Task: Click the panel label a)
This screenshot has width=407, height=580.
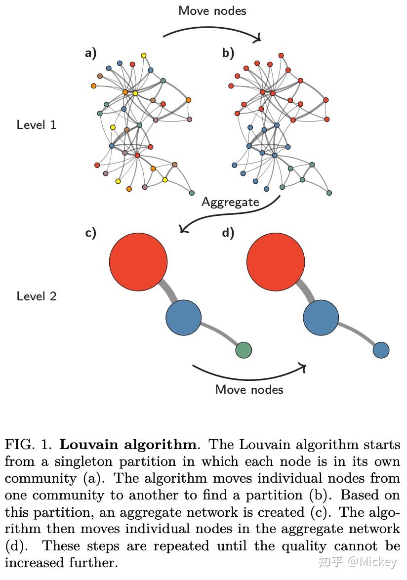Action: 90,53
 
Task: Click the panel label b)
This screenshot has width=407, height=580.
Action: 228,53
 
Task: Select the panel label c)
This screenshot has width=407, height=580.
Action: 90,233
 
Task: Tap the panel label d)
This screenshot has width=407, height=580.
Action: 228,233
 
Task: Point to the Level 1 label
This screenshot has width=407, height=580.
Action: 37,124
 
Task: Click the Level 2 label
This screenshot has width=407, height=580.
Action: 37,296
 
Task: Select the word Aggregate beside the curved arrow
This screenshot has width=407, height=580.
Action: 230,202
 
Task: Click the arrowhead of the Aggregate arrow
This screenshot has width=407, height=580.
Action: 184,229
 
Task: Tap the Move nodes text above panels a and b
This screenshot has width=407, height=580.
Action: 212,10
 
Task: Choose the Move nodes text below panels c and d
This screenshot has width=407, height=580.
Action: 249,389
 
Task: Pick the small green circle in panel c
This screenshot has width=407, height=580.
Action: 244,350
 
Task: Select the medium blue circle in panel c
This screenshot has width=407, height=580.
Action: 184,318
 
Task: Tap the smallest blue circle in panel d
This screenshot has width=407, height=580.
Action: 381,350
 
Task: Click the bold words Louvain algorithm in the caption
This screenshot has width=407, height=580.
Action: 128,444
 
